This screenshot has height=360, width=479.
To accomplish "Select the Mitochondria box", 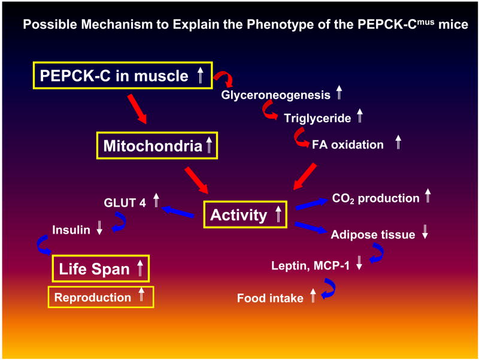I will (x=157, y=146).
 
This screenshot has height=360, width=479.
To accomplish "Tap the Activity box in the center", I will (x=245, y=215).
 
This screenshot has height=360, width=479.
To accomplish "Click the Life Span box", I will (x=100, y=269).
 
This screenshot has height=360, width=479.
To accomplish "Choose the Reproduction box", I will (x=101, y=297).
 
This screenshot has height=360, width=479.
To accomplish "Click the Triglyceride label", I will (x=317, y=118).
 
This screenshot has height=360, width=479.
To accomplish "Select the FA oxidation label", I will (x=348, y=144).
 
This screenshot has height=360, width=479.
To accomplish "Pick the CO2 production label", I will (x=375, y=198).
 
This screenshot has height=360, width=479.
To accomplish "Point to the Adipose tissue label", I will (x=372, y=235).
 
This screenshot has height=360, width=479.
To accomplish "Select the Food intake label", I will (x=270, y=298).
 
